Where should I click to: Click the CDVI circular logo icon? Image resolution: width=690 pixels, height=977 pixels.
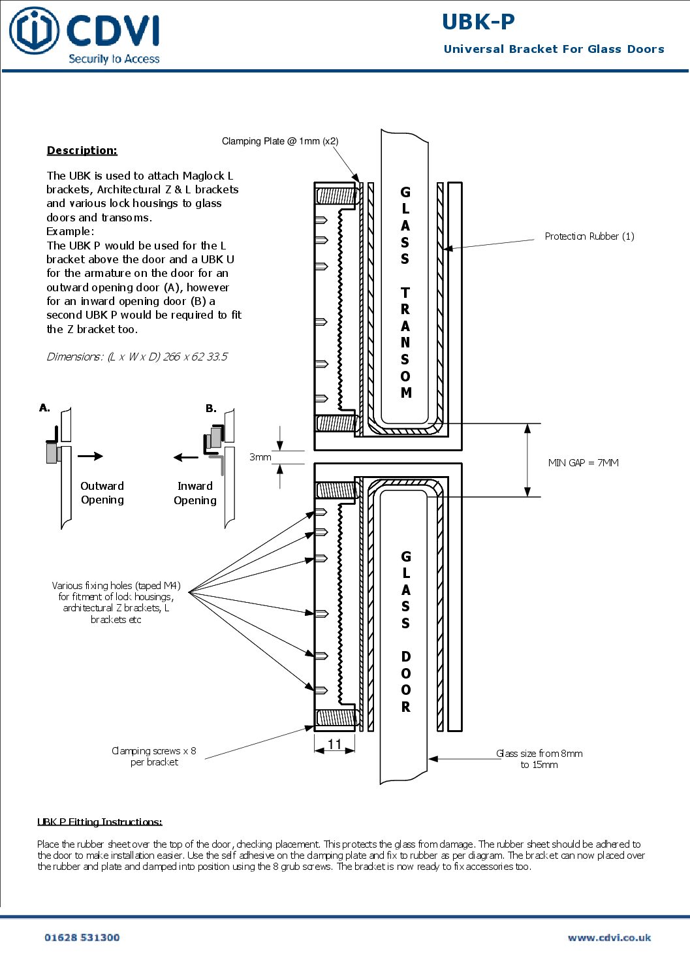click(34, 31)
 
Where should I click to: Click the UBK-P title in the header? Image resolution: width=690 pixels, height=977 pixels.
click(478, 22)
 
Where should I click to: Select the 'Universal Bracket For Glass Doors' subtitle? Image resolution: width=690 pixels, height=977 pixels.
click(554, 49)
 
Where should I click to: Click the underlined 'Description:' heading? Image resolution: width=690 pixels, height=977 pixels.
click(82, 150)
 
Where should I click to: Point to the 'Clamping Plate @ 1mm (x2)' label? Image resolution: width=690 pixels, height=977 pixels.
click(280, 141)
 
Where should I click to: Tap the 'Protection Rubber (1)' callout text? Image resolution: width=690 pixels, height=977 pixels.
click(589, 236)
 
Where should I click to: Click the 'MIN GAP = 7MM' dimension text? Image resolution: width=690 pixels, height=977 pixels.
click(583, 462)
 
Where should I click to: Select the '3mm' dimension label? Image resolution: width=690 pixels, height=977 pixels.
click(260, 457)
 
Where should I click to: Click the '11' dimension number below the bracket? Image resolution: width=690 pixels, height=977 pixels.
click(335, 744)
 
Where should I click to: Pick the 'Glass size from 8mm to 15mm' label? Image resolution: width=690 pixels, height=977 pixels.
click(539, 759)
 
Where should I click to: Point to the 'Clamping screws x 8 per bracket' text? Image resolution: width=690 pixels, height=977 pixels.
click(154, 756)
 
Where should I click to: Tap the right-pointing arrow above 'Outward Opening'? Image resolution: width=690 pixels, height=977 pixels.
click(90, 456)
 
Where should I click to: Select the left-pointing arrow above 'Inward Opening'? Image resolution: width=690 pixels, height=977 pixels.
click(186, 457)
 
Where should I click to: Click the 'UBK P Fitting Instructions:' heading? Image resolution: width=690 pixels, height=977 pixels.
click(100, 822)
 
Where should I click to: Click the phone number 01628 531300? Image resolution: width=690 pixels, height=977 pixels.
click(82, 937)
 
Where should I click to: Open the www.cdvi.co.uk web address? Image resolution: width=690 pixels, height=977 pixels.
click(609, 937)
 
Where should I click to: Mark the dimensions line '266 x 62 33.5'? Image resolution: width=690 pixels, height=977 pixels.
click(137, 357)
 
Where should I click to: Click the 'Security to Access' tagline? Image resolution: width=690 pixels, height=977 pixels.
click(114, 59)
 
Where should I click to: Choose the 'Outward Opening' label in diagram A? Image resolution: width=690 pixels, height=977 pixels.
click(102, 493)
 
